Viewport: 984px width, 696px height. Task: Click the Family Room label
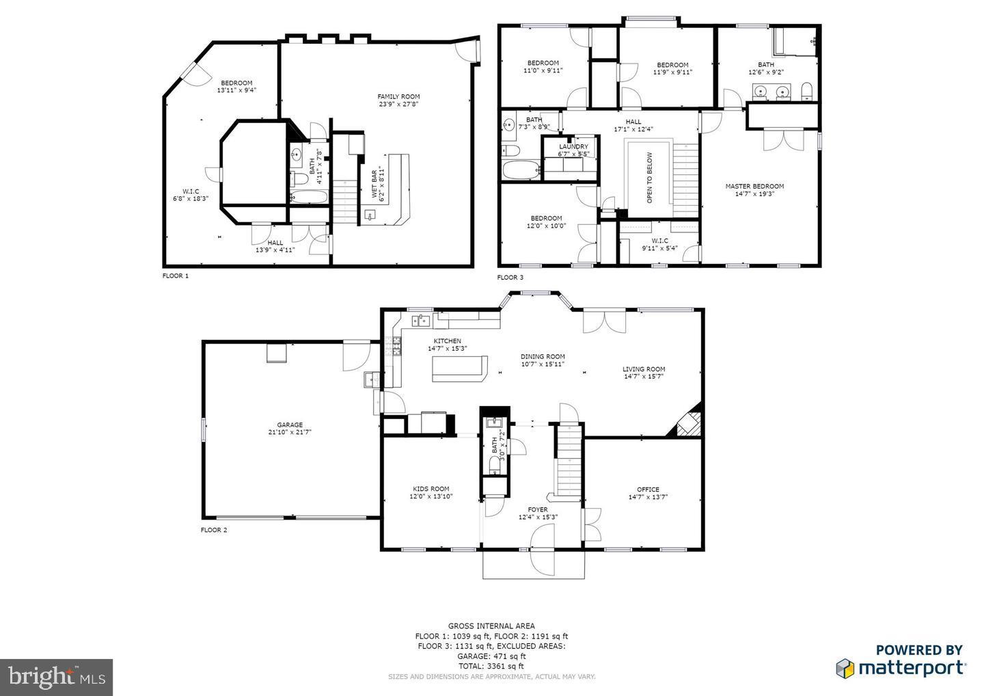point(398,96)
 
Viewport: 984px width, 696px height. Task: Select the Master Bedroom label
point(754,186)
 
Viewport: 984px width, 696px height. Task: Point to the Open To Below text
point(649,178)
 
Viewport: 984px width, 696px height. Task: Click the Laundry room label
point(573,146)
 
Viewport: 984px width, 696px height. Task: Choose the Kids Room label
point(430,489)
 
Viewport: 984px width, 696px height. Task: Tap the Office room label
point(648,489)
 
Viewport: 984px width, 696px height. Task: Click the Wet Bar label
point(374,185)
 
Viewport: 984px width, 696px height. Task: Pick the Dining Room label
point(543,356)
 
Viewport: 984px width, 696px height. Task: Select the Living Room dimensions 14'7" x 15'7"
point(644,377)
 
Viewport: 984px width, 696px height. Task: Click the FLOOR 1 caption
point(175,276)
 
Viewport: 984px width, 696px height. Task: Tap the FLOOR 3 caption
point(510,278)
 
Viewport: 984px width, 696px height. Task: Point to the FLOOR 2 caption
point(214,530)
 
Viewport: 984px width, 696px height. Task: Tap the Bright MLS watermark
point(56,677)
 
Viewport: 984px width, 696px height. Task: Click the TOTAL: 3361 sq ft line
point(491,666)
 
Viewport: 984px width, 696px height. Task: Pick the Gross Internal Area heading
point(491,626)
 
